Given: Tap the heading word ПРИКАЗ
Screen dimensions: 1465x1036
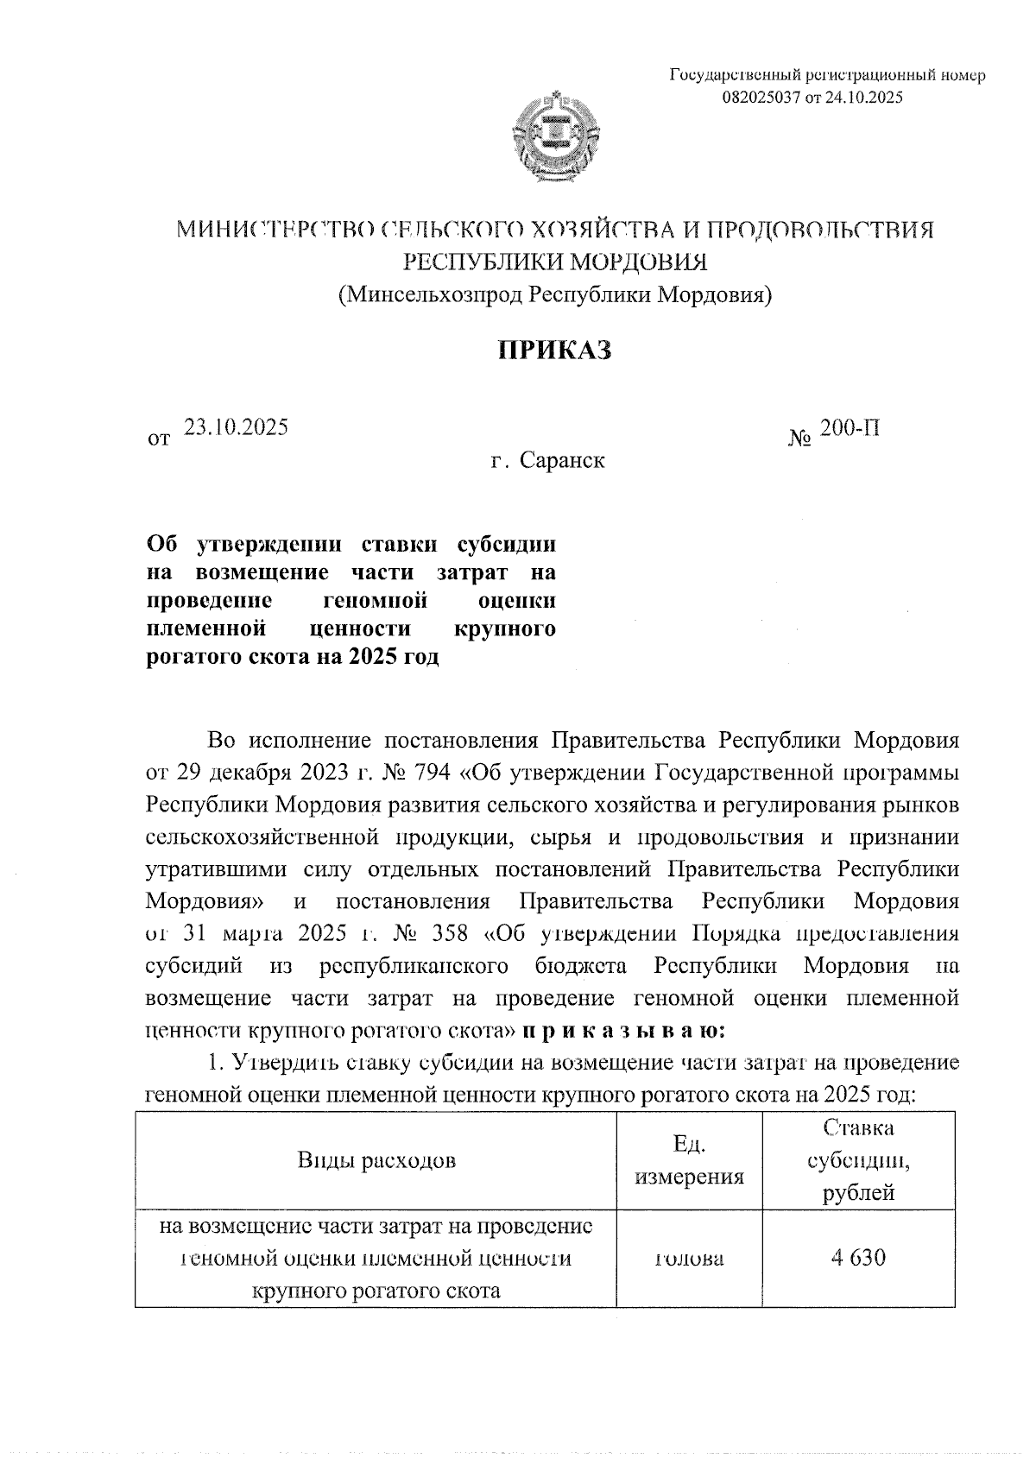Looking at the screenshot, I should coord(555,350).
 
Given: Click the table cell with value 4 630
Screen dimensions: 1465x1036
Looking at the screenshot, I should coord(858,1257).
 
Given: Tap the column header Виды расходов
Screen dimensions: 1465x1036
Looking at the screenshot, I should coord(376,1160).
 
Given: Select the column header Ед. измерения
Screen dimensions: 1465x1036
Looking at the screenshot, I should coord(689,1160).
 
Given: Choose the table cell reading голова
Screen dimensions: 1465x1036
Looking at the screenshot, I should coord(689,1258).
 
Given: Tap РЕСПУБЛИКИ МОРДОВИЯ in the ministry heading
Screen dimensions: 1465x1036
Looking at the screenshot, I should coord(556,262).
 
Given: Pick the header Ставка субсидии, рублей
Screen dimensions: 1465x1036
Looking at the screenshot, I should coord(858,1160).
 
